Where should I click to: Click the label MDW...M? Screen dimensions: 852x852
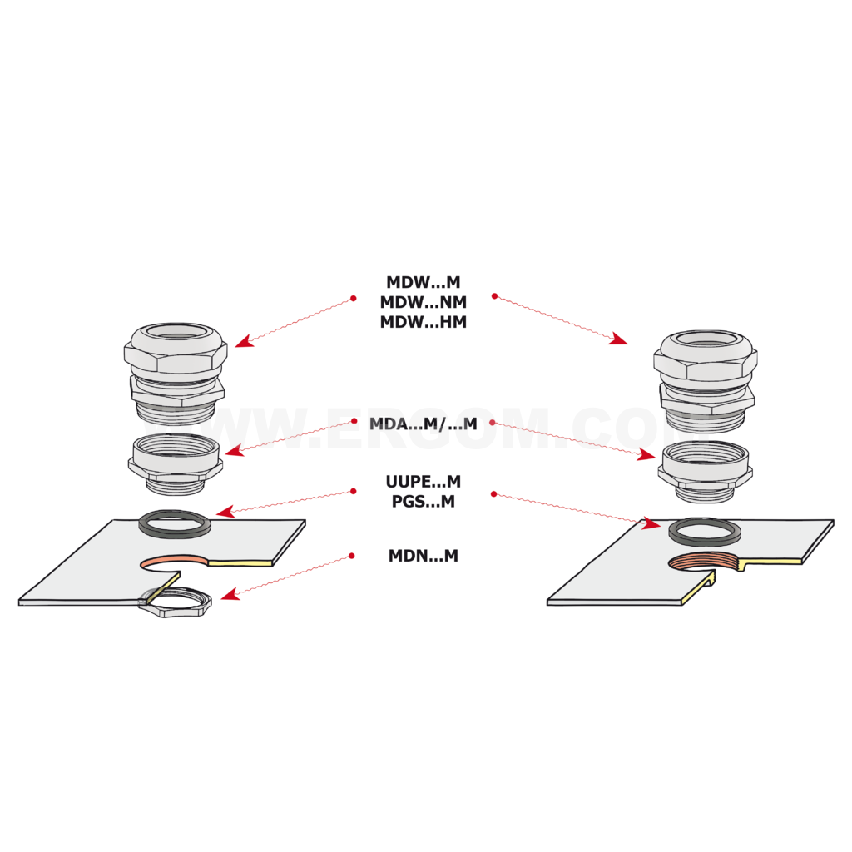coord(423,282)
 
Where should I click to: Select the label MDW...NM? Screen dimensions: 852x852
coord(423,301)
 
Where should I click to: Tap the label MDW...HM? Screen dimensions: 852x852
coord(423,322)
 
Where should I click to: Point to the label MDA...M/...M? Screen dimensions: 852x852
coord(423,424)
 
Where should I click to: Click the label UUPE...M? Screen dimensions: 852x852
coord(423,482)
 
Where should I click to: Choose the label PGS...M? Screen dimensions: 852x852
coord(423,501)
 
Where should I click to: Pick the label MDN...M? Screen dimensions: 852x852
coord(423,555)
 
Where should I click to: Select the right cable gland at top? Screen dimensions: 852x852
coord(706,379)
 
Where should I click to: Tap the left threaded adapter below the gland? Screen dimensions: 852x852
coord(175,464)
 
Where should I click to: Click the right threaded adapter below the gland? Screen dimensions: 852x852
coord(706,472)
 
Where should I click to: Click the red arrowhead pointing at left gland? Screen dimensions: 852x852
coord(245,341)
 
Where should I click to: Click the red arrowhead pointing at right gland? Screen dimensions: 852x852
coord(618,339)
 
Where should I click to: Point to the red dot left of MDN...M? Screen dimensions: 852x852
coord(352,555)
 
